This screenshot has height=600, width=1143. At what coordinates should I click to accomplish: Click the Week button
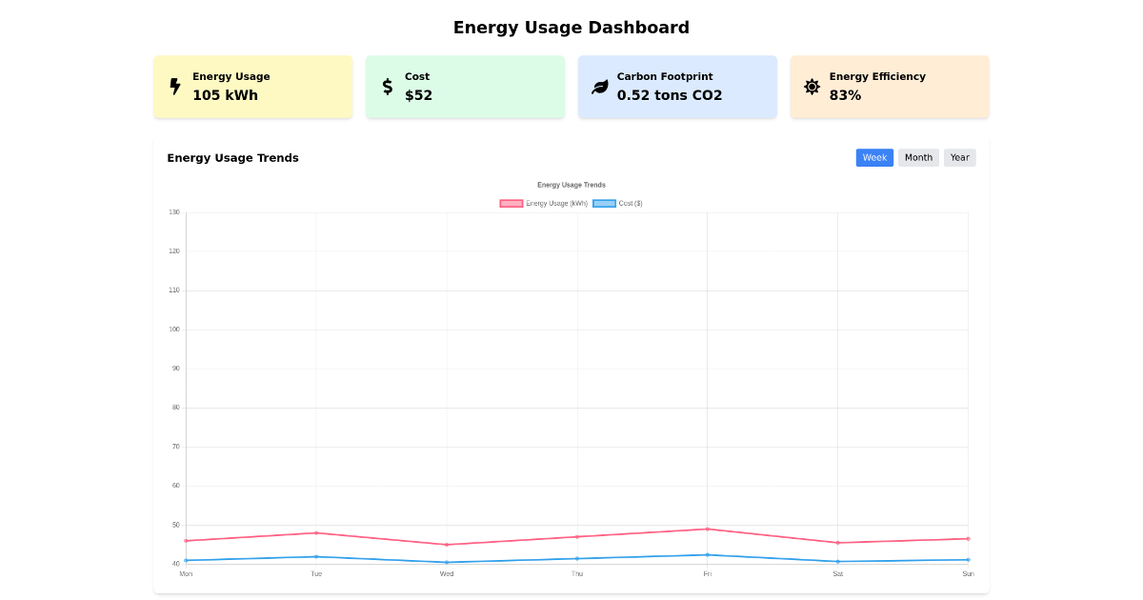coord(874,158)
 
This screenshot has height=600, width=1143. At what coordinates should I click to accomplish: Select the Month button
coord(918,158)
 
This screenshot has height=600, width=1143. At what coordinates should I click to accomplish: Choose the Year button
coord(959,158)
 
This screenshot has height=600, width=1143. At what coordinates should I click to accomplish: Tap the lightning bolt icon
coord(175,87)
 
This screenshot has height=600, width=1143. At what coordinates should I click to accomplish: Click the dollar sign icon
coord(388,87)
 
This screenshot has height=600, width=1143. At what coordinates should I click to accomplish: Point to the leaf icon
coord(600,87)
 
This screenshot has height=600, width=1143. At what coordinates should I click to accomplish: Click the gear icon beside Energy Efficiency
coord(812,87)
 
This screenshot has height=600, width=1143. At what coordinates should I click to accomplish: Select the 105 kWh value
coord(225,95)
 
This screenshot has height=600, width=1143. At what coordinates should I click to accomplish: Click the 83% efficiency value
coord(845,95)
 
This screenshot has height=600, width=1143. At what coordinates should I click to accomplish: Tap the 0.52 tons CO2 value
coord(670,95)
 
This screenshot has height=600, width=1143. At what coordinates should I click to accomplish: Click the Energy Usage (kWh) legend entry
coord(544,203)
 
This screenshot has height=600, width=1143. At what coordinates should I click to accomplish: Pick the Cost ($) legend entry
coord(618,203)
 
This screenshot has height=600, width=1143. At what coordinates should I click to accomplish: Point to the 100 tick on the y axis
coord(174,330)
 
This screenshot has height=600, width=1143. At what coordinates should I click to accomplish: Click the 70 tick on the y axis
coord(174,447)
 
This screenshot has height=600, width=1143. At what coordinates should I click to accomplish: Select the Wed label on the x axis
coord(447,573)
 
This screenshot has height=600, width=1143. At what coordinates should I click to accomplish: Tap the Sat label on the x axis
coord(837,573)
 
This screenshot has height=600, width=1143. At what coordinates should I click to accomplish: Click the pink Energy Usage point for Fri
coord(707,529)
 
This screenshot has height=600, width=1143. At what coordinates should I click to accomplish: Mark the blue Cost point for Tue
coord(316,556)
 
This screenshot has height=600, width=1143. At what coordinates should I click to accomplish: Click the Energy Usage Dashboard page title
coord(571,28)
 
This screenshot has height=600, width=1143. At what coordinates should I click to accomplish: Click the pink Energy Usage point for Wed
coord(447,545)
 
